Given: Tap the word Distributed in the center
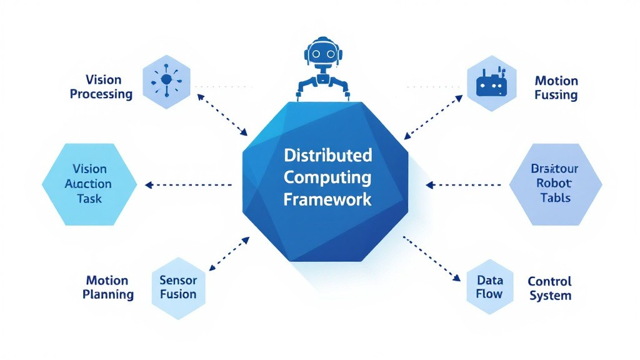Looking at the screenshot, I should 327,154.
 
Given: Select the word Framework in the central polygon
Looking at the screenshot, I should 327,199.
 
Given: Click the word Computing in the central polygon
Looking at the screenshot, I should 327,177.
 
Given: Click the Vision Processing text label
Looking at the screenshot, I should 101,87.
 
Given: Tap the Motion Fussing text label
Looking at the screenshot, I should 556,88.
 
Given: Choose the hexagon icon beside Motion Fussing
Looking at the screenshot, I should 493,84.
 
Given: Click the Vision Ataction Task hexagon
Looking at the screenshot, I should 89,184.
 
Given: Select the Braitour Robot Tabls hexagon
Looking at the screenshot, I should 556,184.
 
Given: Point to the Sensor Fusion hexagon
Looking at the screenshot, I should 177,287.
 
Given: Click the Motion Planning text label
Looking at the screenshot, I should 107,287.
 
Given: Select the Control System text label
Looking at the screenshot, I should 550,288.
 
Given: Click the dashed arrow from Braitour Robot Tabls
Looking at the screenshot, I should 463,185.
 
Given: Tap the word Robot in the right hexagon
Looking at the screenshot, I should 554,184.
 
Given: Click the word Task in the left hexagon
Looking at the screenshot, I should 89,199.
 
